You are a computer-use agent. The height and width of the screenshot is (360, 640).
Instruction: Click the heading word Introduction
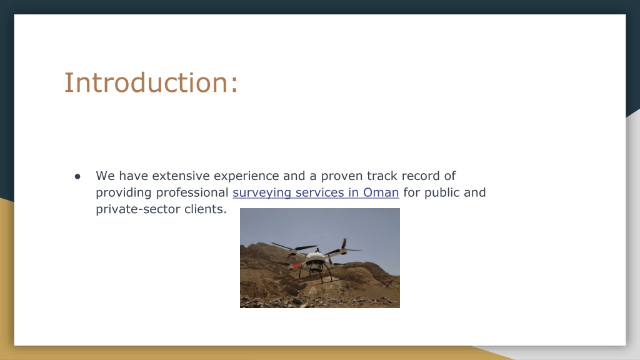tap(146, 82)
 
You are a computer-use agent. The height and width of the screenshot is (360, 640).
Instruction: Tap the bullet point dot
tap(77, 176)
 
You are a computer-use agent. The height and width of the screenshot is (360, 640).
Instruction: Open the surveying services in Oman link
tap(316, 192)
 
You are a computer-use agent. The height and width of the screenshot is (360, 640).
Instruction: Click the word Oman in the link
tap(381, 192)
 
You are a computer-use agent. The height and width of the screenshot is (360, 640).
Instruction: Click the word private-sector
tap(138, 209)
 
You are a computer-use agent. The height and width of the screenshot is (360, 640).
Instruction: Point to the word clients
tap(205, 209)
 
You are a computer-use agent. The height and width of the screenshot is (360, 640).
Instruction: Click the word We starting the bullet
tap(105, 176)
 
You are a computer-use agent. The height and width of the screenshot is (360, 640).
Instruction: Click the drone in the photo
tap(316, 262)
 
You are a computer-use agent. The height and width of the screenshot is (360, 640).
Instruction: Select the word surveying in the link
tap(262, 193)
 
